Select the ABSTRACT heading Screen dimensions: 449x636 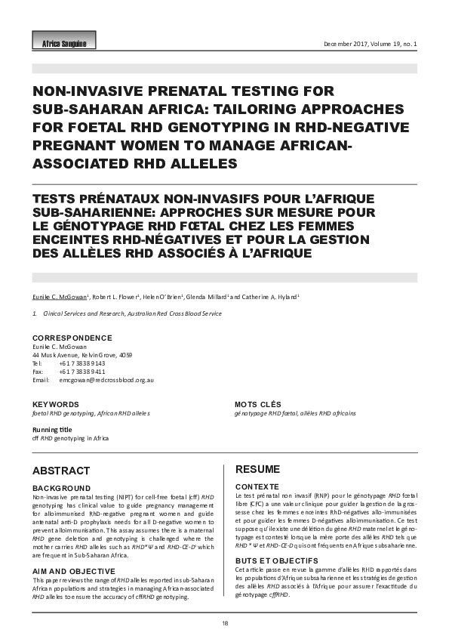tap(61, 470)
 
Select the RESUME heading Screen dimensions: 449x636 tap(258, 469)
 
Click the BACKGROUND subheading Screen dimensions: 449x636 tap(62, 488)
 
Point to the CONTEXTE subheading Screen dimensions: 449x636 tap(258, 486)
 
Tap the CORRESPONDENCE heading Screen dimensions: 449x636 tap(72, 338)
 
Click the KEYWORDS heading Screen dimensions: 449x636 tap(55, 405)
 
